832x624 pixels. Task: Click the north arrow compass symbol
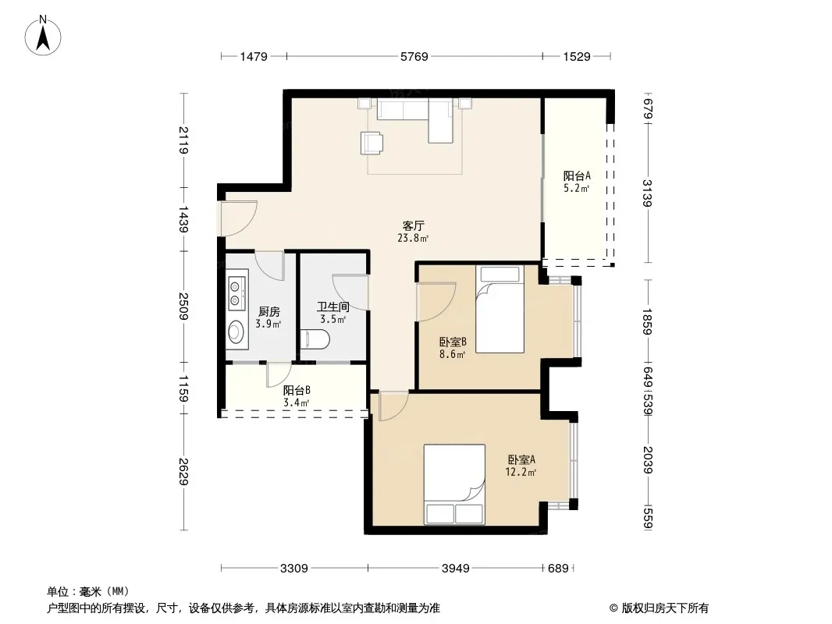pyautogui.click(x=43, y=35)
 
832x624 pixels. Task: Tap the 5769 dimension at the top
pyautogui.click(x=414, y=56)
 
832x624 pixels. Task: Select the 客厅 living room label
pyautogui.click(x=414, y=226)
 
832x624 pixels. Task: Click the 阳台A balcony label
pyautogui.click(x=577, y=175)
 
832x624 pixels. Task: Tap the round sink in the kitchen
pyautogui.click(x=236, y=331)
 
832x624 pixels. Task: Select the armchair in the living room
pyautogui.click(x=372, y=143)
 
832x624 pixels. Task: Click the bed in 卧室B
pyautogui.click(x=500, y=310)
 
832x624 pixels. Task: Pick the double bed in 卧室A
pyautogui.click(x=454, y=484)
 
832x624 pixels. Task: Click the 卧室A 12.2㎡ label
pyautogui.click(x=521, y=466)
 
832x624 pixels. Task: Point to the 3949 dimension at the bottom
pyautogui.click(x=455, y=569)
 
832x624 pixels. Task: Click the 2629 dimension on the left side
pyautogui.click(x=183, y=472)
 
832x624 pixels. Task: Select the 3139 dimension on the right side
pyautogui.click(x=647, y=193)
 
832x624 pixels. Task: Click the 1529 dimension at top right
pyautogui.click(x=577, y=56)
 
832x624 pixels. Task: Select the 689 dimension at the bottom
pyautogui.click(x=558, y=569)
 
